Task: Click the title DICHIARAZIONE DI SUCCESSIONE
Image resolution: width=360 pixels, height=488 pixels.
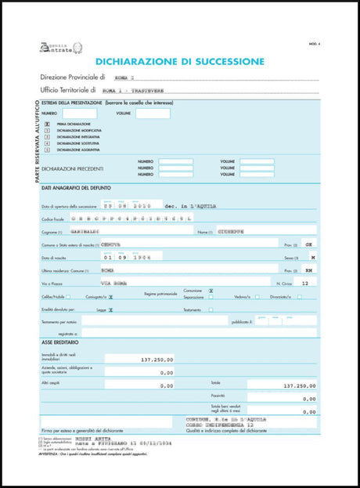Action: pos(179,60)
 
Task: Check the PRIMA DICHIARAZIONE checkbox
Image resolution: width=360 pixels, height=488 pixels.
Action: pos(48,124)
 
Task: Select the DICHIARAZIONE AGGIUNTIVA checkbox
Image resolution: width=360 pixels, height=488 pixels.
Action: pos(48,150)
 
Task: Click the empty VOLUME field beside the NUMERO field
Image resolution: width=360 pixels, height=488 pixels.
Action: pos(153,114)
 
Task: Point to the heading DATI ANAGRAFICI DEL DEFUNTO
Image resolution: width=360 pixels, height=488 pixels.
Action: pos(76,188)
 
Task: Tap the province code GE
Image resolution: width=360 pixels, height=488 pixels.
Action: pos(310,244)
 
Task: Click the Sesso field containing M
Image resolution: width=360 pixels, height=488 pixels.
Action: pos(313,257)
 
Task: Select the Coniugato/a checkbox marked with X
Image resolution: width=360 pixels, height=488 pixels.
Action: pos(110,297)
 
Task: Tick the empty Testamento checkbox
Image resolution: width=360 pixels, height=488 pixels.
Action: pos(211,309)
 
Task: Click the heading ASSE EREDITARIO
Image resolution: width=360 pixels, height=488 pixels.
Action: pos(62,342)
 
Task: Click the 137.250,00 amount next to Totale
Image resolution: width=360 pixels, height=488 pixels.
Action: pos(299,385)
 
